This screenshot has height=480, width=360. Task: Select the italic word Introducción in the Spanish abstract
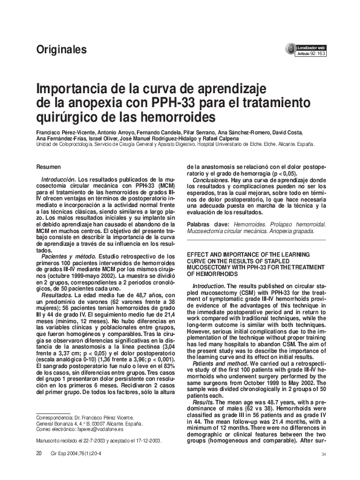58,180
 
